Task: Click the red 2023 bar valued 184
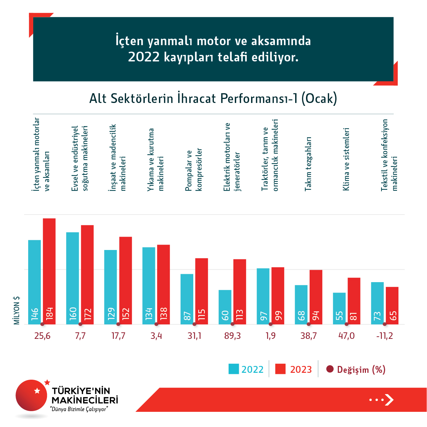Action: pos(49,271)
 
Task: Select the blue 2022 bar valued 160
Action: pos(73,278)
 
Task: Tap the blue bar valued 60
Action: pos(225,307)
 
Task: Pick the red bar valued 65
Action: pos(392,306)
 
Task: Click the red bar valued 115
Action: pos(202,291)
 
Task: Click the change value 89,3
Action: pos(232,336)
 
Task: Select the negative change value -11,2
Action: pos(384,336)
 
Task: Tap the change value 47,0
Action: pos(346,336)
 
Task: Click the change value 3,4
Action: pos(156,336)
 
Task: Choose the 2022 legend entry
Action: pos(246,369)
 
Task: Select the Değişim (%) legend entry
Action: pos(356,370)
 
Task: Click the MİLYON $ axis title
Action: pos(17,310)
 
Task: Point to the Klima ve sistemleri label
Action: pos(346,159)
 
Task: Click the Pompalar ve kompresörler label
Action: pos(194,170)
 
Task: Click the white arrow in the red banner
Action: pos(389,400)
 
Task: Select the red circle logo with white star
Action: pos(32,395)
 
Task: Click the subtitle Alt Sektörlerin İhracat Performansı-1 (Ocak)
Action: pos(213,98)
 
